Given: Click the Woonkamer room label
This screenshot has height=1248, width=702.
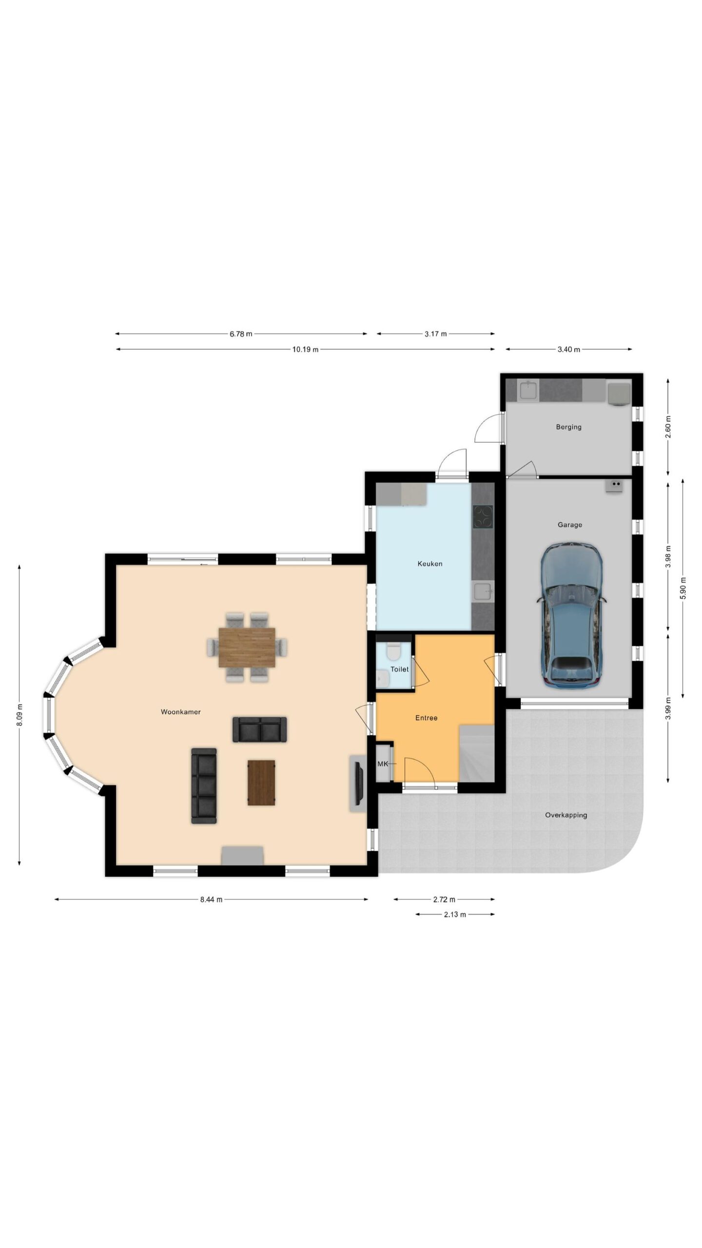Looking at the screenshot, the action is point(180,712).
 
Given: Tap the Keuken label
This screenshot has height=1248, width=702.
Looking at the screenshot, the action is point(430,564).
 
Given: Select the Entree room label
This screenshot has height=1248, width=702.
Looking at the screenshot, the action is point(426,718).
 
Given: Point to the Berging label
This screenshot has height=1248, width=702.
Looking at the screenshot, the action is point(568,427).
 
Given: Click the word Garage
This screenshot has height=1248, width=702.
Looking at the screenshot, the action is point(569,525).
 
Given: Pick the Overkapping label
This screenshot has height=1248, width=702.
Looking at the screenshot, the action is point(566,815).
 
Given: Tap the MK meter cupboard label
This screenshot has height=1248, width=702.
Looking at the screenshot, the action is point(383,764).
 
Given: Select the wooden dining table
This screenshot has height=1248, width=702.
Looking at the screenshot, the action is point(247,647).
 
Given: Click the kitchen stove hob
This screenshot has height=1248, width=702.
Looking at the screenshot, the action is point(483,517).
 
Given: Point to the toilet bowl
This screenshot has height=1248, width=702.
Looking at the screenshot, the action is point(393,650).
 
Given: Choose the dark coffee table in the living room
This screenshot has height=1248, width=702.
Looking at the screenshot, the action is point(261,782).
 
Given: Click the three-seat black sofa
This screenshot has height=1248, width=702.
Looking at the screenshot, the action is point(204,786).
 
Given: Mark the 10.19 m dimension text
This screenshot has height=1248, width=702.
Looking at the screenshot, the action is point(305,350).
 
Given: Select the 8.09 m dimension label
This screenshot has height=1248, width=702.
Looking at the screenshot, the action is point(19,715).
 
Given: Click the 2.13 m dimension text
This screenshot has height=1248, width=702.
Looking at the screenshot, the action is point(454,915).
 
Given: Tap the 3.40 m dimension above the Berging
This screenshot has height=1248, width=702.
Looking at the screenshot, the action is point(568,350).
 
